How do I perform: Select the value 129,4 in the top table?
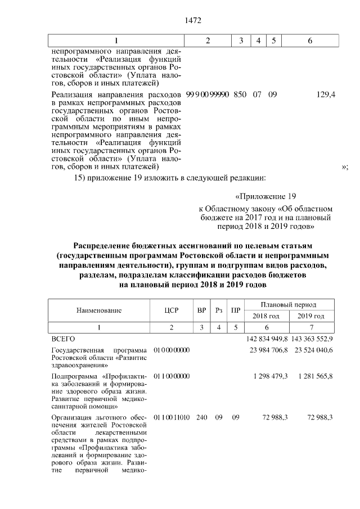pyautogui.click(x=326, y=96)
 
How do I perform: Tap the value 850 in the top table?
pyautogui.click(x=240, y=96)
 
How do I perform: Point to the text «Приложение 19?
pyautogui.click(x=265, y=197)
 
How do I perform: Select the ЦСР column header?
pyautogui.click(x=171, y=310)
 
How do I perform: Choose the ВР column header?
pyautogui.click(x=201, y=310)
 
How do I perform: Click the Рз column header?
pyautogui.click(x=219, y=310)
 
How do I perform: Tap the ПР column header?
pyautogui.click(x=236, y=310)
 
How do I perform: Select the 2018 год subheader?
pyautogui.click(x=266, y=316)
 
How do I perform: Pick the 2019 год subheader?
pyautogui.click(x=311, y=316)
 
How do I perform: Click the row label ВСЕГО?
pyautogui.click(x=62, y=339)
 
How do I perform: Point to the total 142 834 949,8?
pyautogui.click(x=267, y=339)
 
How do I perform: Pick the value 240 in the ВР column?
pyautogui.click(x=201, y=417)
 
